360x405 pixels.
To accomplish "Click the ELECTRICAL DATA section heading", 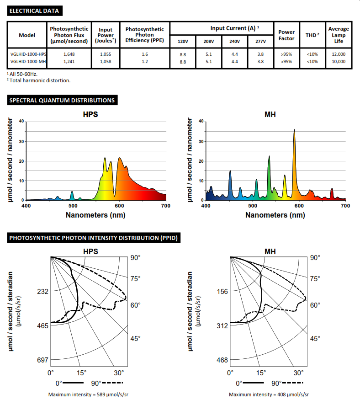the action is pyautogui.click(x=34, y=11).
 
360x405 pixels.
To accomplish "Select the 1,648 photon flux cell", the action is pyautogui.click(x=69, y=54).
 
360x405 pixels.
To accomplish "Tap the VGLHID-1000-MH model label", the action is pyautogui.click(x=28, y=61).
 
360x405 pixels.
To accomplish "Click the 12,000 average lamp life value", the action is pyautogui.click(x=339, y=54).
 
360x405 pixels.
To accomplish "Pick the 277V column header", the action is pyautogui.click(x=261, y=41).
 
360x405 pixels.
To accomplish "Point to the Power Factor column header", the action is pyautogui.click(x=286, y=35).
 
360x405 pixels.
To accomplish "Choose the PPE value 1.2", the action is pyautogui.click(x=145, y=61).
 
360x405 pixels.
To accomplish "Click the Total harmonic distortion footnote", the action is pyautogui.click(x=39, y=80).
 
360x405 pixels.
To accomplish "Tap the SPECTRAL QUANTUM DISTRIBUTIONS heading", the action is pyautogui.click(x=62, y=100).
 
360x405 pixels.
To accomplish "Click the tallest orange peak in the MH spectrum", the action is pyautogui.click(x=294, y=130).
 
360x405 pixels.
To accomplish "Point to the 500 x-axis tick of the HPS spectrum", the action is pyautogui.click(x=73, y=206).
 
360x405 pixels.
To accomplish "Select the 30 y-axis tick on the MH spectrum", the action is pyautogui.click(x=201, y=142).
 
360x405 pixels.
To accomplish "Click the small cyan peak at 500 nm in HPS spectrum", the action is pyautogui.click(x=72, y=192).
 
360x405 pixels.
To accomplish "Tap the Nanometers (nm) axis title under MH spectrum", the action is pyautogui.click(x=275, y=215).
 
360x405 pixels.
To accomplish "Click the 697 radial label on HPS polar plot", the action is pyautogui.click(x=42, y=360).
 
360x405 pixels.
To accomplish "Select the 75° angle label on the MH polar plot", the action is pyautogui.click(x=315, y=278).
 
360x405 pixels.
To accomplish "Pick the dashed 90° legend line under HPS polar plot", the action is pyautogui.click(x=112, y=383).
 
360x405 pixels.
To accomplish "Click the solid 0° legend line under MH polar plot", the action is pyautogui.click(x=254, y=383).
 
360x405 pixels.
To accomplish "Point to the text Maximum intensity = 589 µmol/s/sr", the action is pyautogui.click(x=88, y=394).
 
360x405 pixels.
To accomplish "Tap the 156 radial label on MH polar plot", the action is pyautogui.click(x=222, y=291).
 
